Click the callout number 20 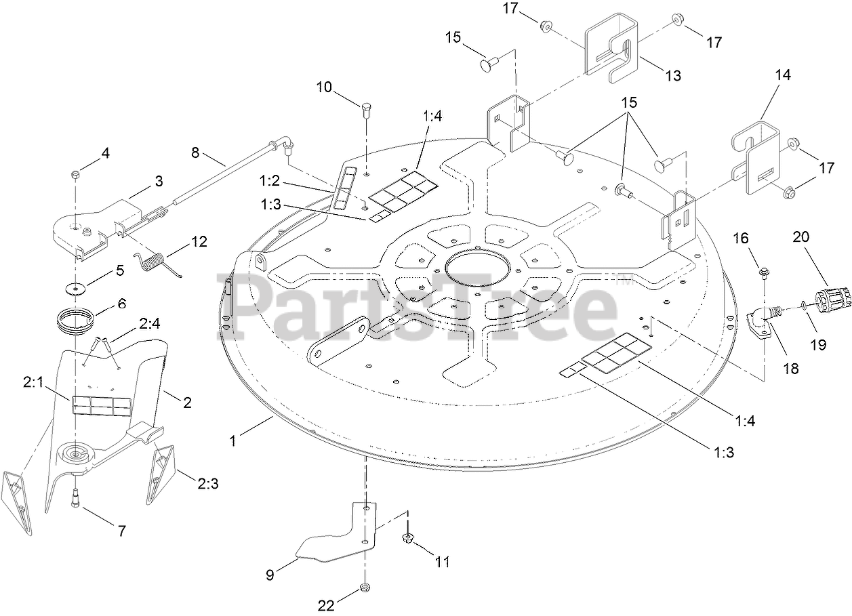coord(800,237)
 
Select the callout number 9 coord(269,575)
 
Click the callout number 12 coord(199,241)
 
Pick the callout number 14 coord(782,74)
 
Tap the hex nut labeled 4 coord(75,176)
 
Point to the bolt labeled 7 coord(75,500)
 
